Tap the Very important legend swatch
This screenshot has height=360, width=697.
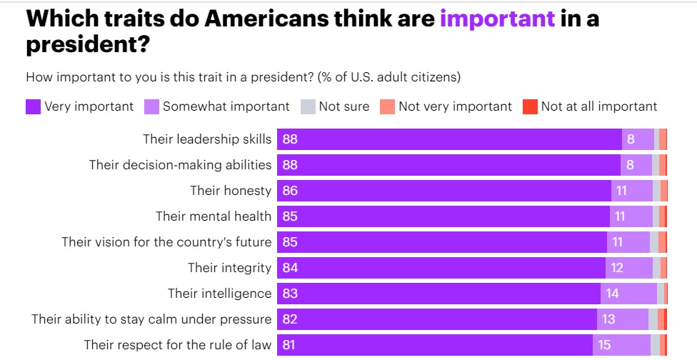33,107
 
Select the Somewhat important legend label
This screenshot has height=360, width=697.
226,106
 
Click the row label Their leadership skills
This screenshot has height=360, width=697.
207,139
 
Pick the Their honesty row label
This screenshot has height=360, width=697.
231,191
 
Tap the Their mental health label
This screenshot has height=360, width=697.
214,216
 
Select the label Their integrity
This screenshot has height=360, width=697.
229,268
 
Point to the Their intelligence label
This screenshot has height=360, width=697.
219,294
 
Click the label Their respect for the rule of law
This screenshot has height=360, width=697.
178,345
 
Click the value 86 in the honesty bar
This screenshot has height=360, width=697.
290,191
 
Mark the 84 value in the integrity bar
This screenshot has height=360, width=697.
290,268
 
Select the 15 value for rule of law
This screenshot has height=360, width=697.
604,345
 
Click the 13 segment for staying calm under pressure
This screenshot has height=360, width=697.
608,319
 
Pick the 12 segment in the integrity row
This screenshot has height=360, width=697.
616,268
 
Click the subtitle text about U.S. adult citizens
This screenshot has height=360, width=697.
243,76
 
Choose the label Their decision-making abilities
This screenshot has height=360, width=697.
180,165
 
